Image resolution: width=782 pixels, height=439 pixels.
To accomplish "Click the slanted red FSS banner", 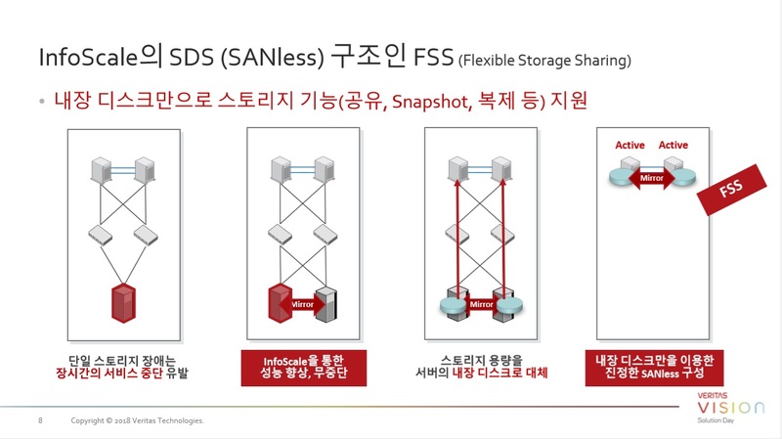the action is [731, 190].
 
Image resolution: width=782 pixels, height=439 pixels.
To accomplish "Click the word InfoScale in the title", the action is [88, 57].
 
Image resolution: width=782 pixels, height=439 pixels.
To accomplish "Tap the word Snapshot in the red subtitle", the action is [430, 102].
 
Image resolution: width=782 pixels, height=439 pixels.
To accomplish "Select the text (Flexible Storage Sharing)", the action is [544, 61].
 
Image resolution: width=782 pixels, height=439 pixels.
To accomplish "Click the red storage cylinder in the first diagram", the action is [123, 303].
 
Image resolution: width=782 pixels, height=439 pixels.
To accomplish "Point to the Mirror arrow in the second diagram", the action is [302, 304].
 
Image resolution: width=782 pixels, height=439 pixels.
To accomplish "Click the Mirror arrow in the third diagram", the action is [481, 304].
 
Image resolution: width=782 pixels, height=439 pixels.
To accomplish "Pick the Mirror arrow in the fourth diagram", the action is [651, 178].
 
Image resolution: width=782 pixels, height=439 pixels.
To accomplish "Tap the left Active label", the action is [630, 145].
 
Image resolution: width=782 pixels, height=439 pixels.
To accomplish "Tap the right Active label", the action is [673, 145].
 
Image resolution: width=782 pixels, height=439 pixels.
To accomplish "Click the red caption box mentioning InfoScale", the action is [304, 368].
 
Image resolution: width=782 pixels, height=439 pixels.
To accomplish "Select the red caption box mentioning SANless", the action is [654, 368].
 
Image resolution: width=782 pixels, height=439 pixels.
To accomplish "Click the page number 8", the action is [40, 420].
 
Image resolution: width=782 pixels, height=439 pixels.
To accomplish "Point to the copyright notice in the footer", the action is [137, 420].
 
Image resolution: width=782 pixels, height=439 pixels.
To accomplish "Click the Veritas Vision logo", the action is [729, 408].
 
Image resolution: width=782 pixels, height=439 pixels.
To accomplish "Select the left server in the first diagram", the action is [102, 170].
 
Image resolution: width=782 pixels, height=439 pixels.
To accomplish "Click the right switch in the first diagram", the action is [146, 236].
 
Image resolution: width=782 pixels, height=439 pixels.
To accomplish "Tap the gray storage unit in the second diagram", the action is [326, 304].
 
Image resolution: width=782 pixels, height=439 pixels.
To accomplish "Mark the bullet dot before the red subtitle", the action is [42, 102].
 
